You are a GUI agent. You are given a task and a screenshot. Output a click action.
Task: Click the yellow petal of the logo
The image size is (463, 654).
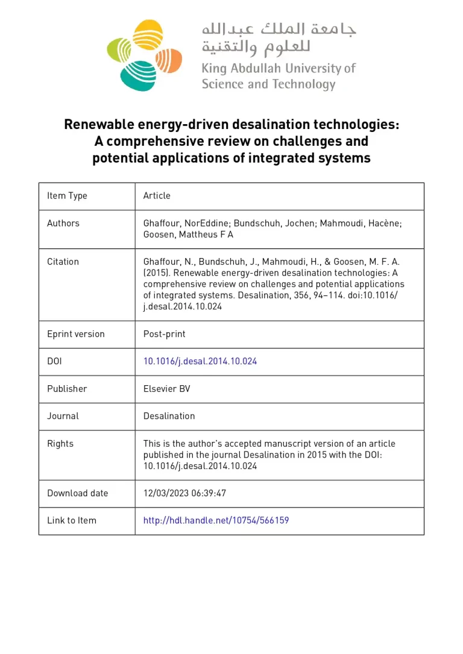click(x=148, y=34)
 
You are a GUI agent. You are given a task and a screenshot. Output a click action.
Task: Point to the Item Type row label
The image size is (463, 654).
click(x=67, y=196)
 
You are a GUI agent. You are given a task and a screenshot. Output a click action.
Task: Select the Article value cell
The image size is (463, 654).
click(x=157, y=196)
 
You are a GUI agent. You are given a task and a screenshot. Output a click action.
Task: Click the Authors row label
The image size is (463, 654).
click(x=63, y=223)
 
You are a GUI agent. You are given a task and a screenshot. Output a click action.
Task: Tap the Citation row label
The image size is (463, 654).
click(x=63, y=262)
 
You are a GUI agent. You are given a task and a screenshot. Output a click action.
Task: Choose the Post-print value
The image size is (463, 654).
click(x=164, y=334)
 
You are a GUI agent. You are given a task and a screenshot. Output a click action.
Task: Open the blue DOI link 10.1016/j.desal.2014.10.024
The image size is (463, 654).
click(x=200, y=362)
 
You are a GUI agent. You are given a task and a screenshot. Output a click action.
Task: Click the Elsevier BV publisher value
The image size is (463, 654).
click(x=166, y=389)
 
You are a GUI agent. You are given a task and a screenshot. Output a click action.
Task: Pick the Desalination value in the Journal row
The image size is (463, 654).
click(x=169, y=416)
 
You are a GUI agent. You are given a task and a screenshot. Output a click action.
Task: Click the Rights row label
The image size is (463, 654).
click(x=60, y=444)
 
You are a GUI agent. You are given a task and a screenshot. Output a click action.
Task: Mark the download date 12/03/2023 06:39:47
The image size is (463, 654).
click(x=184, y=493)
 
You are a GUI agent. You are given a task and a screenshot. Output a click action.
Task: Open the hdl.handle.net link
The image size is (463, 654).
click(x=216, y=520)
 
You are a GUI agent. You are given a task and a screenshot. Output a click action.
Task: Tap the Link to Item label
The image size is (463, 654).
click(x=72, y=520)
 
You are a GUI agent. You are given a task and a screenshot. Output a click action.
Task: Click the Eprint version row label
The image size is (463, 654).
click(x=76, y=334)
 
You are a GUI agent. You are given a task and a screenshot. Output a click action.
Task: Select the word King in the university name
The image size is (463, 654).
click(x=213, y=69)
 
